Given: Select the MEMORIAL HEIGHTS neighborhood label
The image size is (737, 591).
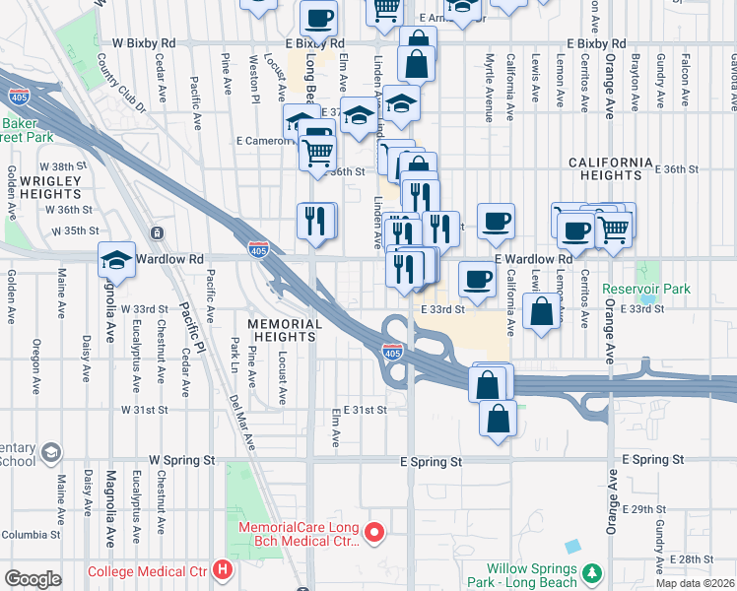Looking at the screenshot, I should pos(285,330).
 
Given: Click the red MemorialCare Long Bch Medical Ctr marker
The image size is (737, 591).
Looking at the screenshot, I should pos(374,534).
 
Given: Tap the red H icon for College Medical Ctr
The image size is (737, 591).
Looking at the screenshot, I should pos(224,569).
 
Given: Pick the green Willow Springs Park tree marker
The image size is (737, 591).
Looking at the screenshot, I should pos(592,572).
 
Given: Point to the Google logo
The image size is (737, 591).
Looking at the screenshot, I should pos(33,579).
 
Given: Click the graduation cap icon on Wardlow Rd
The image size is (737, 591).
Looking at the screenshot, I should pos(117,260).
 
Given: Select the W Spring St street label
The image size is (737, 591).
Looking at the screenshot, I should pos(181,460).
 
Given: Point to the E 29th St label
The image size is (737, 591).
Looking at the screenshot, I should pos(646,509).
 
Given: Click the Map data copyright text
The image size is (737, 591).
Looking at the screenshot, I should pos(695,583).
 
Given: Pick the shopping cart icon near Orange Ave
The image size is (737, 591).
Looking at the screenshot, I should pos(615,228).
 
